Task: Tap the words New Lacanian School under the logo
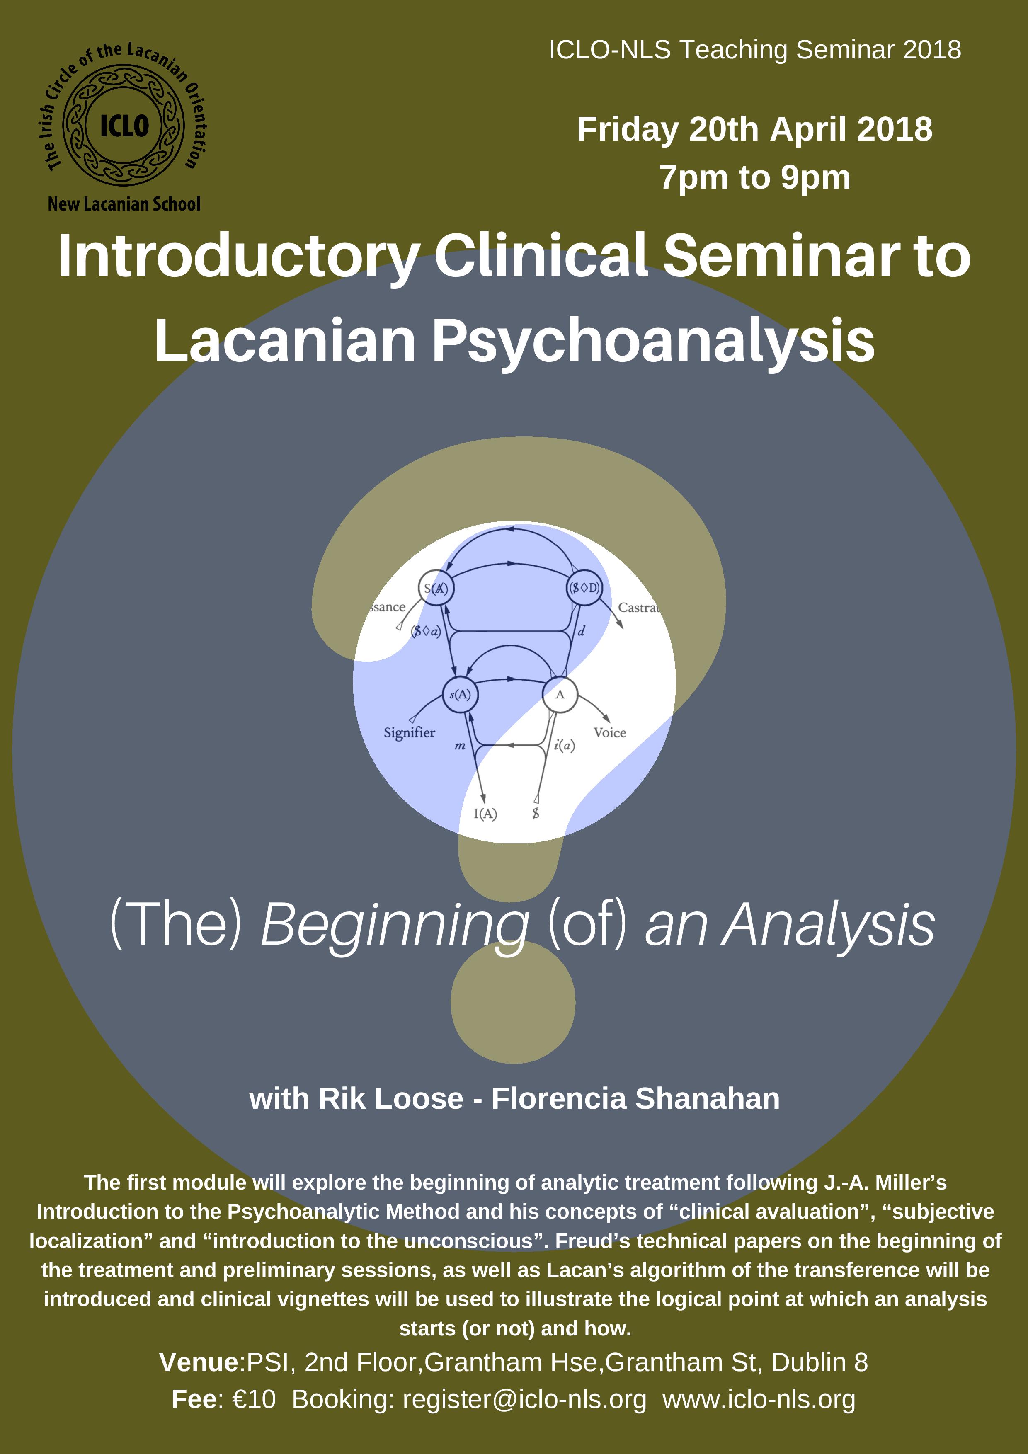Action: (x=124, y=204)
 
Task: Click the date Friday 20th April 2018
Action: (x=754, y=130)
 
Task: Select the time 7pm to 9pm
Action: (x=754, y=177)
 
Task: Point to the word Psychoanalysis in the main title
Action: (x=653, y=342)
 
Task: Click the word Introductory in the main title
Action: (x=239, y=257)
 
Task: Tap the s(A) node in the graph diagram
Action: (x=460, y=695)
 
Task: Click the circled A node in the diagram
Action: (x=560, y=695)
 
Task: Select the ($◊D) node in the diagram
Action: (x=584, y=588)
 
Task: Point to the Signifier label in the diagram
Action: (x=409, y=733)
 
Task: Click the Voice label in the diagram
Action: (x=609, y=733)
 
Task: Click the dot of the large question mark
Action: (x=513, y=1002)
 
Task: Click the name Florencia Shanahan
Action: (x=635, y=1099)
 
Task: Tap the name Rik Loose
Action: (x=391, y=1099)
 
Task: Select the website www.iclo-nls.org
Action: (x=759, y=1400)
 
